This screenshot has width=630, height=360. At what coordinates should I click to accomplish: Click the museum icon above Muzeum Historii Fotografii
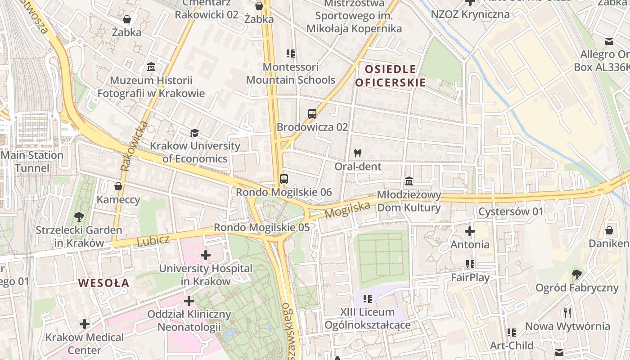[151, 67]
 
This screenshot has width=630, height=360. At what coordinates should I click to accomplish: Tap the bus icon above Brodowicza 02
[312, 114]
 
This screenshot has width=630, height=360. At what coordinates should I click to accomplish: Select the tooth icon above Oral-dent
[358, 153]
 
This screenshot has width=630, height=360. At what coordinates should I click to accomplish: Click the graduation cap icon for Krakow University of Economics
[194, 133]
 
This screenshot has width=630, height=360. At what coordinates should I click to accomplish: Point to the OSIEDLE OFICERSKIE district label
[390, 76]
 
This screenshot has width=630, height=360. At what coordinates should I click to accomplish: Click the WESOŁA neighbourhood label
[104, 283]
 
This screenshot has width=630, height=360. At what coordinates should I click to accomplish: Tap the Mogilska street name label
[347, 210]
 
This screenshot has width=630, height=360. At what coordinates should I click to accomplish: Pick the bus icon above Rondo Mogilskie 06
[283, 179]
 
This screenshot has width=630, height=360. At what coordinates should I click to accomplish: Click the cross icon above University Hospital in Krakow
[206, 256]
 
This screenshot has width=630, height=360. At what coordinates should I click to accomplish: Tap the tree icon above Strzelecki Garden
[79, 217]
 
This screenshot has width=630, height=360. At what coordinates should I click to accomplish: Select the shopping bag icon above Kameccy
[118, 186]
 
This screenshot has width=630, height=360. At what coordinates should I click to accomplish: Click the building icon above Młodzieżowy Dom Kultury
[409, 181]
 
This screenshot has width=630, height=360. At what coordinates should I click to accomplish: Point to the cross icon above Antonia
[470, 231]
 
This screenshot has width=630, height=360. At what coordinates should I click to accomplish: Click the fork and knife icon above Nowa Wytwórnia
[567, 313]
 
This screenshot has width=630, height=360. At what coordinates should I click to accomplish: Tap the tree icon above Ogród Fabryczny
[577, 274]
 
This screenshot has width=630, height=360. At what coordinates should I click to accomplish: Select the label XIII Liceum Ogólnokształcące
[367, 318]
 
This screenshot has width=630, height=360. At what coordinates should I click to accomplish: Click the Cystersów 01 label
[511, 211]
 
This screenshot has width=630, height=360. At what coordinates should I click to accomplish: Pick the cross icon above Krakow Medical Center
[85, 324]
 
